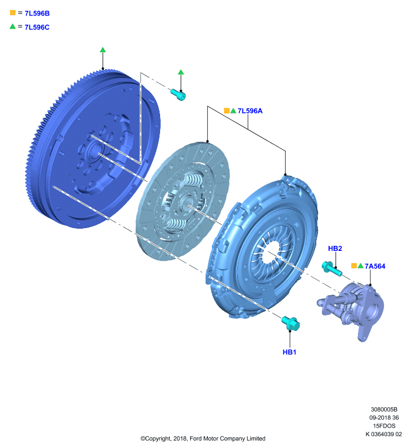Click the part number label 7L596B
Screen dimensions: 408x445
tap(37, 13)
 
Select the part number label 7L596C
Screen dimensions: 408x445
tap(37, 27)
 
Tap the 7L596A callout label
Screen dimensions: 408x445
tap(250, 111)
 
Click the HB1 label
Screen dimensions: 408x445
tap(290, 352)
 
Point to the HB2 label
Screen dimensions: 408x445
tap(335, 249)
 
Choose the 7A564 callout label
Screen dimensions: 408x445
tap(375, 266)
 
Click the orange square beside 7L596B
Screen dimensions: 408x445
tap(13, 12)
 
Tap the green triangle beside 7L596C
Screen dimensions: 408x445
tap(12, 26)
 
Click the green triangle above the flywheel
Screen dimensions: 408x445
tap(103, 50)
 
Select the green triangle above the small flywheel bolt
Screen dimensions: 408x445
tap(181, 72)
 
